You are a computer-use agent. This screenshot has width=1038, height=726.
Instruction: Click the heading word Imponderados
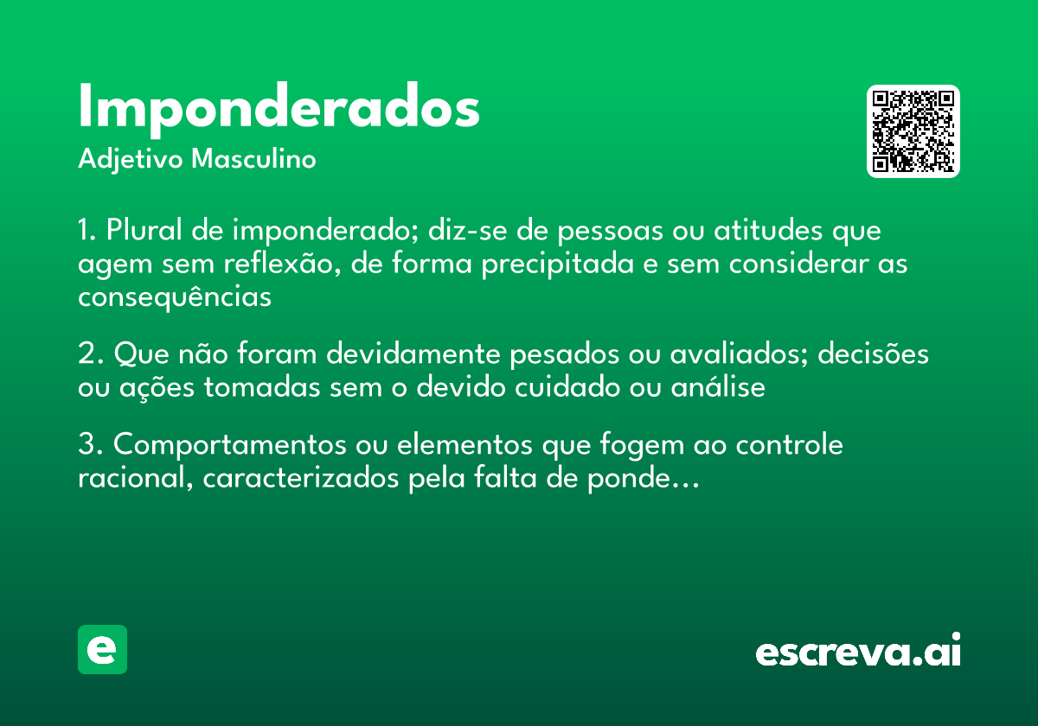[279, 107]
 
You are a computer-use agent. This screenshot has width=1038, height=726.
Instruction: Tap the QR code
[913, 131]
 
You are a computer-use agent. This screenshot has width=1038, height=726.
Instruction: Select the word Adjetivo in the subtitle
[130, 160]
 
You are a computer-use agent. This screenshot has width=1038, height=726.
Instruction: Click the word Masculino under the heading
[253, 160]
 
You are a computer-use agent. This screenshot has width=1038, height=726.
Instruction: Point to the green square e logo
[102, 649]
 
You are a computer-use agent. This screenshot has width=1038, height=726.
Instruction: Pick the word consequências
[175, 296]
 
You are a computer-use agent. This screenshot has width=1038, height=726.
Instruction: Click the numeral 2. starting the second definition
[91, 354]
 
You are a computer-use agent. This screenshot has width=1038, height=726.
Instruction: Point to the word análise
[719, 387]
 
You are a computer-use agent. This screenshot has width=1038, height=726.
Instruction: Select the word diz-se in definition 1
[465, 232]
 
